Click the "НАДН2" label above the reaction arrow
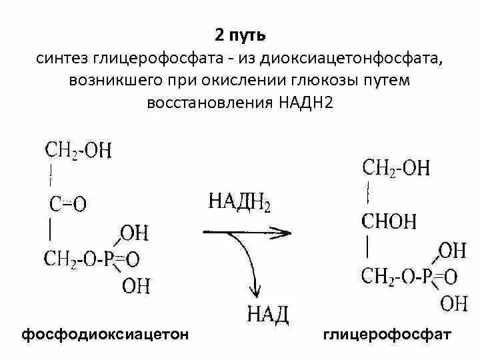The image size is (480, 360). point(239,201)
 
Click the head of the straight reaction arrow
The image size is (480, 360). point(283,232)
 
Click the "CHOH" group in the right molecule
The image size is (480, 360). point(389,221)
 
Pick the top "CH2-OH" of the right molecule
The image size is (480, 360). point(396,167)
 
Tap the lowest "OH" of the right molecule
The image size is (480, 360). point(454,304)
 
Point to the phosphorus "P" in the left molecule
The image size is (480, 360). point(109,258)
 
